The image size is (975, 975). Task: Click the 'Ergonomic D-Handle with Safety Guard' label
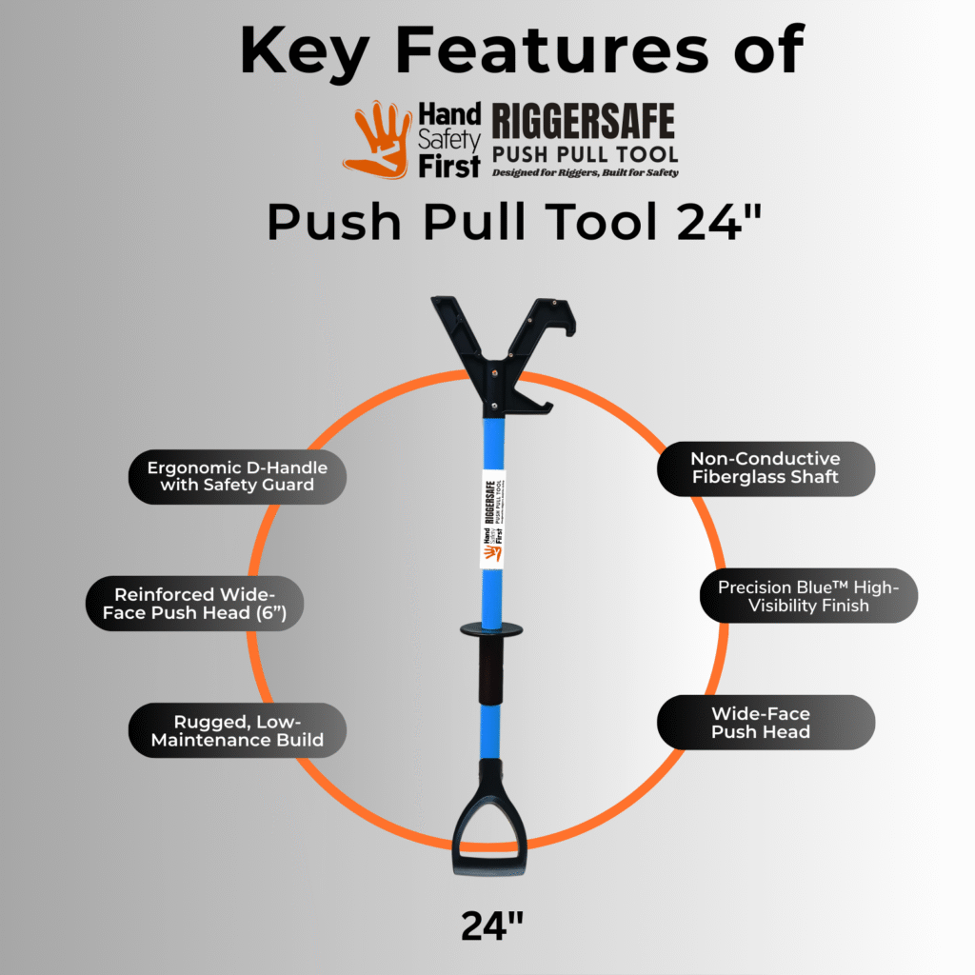237,477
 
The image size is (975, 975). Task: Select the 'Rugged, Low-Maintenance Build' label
236,730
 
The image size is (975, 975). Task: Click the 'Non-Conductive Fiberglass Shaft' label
766,468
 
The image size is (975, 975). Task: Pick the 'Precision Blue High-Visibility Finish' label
808,596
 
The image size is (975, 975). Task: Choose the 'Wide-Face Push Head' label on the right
766,722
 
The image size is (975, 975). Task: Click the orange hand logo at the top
379,140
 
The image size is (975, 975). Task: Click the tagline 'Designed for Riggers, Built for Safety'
585,172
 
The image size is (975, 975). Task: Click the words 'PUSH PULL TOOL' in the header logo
585,154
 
